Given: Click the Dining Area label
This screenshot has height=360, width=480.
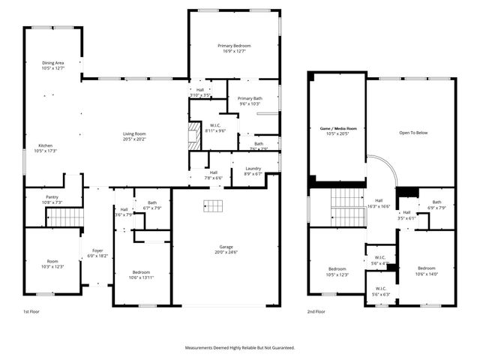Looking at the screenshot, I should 52,63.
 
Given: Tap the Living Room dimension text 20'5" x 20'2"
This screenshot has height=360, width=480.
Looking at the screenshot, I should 134,139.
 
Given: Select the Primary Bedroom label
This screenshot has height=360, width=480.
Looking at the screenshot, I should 234,46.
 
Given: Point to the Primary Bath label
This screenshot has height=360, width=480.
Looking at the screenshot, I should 250,98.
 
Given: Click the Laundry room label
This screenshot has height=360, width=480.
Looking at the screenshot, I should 253,169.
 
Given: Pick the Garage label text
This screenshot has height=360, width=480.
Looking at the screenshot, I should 226,247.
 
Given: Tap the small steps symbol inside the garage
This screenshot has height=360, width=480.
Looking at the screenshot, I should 215,206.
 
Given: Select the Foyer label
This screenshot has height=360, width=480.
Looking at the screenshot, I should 97,251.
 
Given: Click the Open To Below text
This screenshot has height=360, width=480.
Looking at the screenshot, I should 411,133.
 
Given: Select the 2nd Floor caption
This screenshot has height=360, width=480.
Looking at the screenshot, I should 316,311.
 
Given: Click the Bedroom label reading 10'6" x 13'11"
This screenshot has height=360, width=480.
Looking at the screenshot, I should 142,272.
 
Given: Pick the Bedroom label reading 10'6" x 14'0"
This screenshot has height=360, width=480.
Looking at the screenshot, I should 426,268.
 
